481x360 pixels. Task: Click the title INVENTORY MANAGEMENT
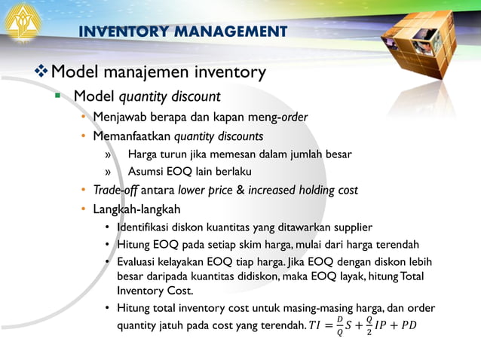(x=183, y=32)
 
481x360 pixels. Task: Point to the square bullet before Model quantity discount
(x=57, y=96)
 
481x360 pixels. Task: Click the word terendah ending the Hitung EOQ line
(x=397, y=244)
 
